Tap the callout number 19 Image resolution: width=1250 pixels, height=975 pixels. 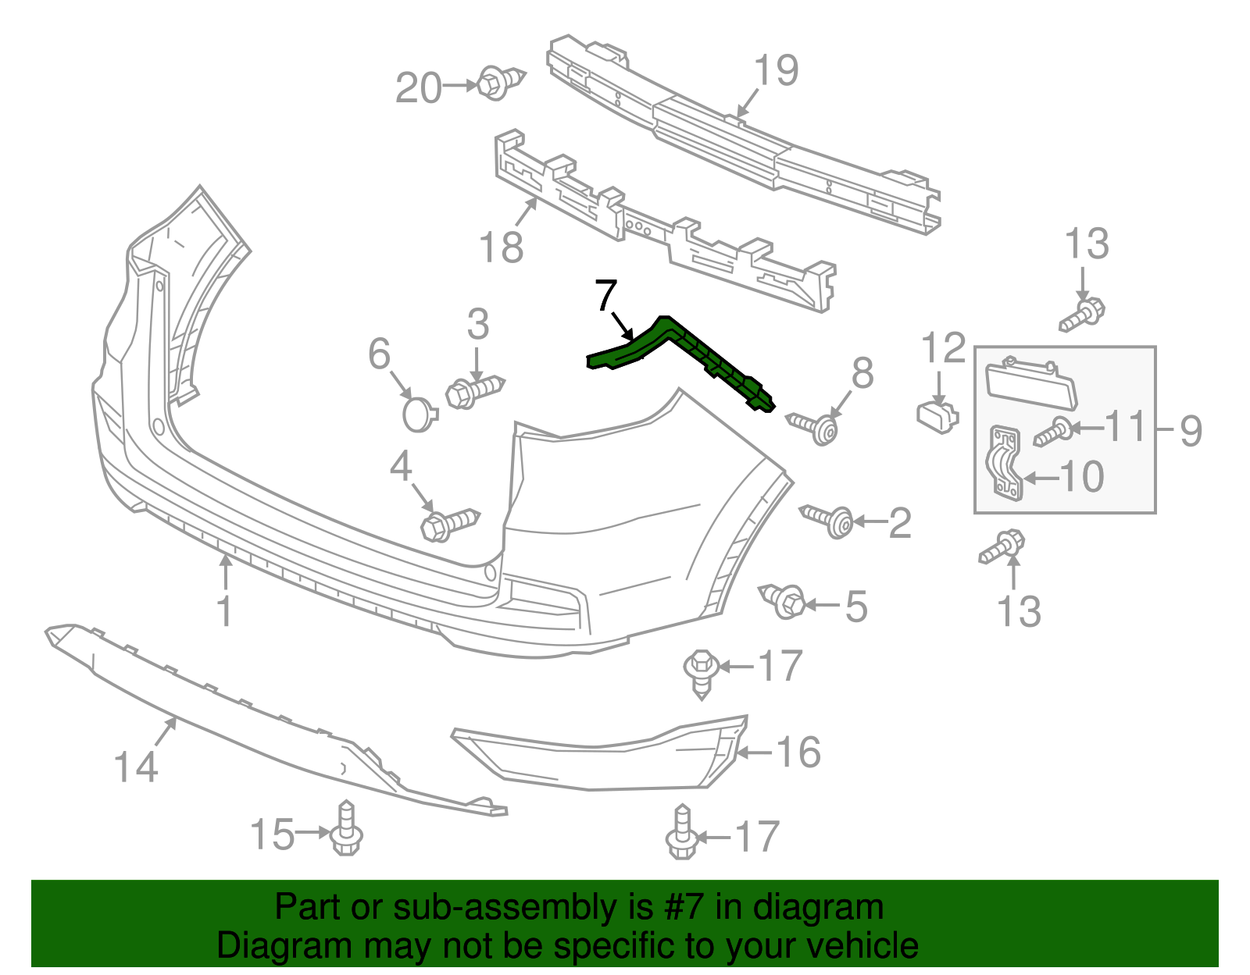(x=776, y=71)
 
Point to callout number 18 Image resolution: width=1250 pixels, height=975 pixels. (x=501, y=247)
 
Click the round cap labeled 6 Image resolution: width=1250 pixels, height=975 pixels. (x=420, y=414)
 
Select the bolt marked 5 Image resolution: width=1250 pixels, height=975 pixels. (x=784, y=600)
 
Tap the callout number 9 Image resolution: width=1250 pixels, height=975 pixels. (x=1190, y=431)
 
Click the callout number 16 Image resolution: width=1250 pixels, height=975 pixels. (x=798, y=753)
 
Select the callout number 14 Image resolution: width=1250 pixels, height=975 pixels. (x=136, y=767)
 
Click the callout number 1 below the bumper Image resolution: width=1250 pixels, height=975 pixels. (x=224, y=611)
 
